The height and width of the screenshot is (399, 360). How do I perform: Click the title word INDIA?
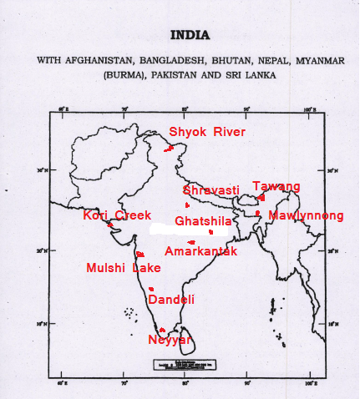point(190,36)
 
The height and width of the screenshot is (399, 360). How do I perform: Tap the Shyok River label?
point(207,133)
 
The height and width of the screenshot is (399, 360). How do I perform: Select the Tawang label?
point(276,186)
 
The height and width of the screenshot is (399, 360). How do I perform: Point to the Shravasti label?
point(210,190)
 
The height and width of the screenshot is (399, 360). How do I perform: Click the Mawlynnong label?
point(306,215)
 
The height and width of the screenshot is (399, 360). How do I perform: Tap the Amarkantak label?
point(201,251)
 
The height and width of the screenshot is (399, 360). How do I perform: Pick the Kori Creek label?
point(117,215)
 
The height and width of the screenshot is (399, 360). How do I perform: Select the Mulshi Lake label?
point(124,268)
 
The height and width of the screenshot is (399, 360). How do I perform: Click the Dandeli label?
point(171,300)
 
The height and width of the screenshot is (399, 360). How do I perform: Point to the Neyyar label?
point(170,340)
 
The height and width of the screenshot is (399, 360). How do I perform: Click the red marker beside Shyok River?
point(170,148)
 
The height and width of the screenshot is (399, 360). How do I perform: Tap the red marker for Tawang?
point(261,198)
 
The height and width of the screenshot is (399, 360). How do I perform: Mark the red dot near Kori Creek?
point(110,225)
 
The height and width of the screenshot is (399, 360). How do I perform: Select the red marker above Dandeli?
point(151,289)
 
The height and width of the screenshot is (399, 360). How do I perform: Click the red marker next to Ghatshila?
point(211,231)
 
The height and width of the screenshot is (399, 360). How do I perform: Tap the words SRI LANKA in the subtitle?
point(250,74)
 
